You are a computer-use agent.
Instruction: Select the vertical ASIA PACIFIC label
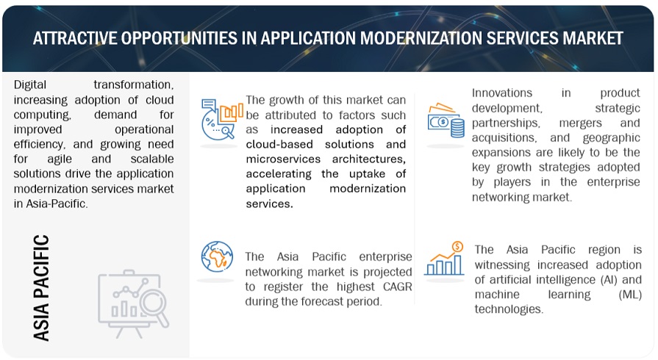[42, 287]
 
